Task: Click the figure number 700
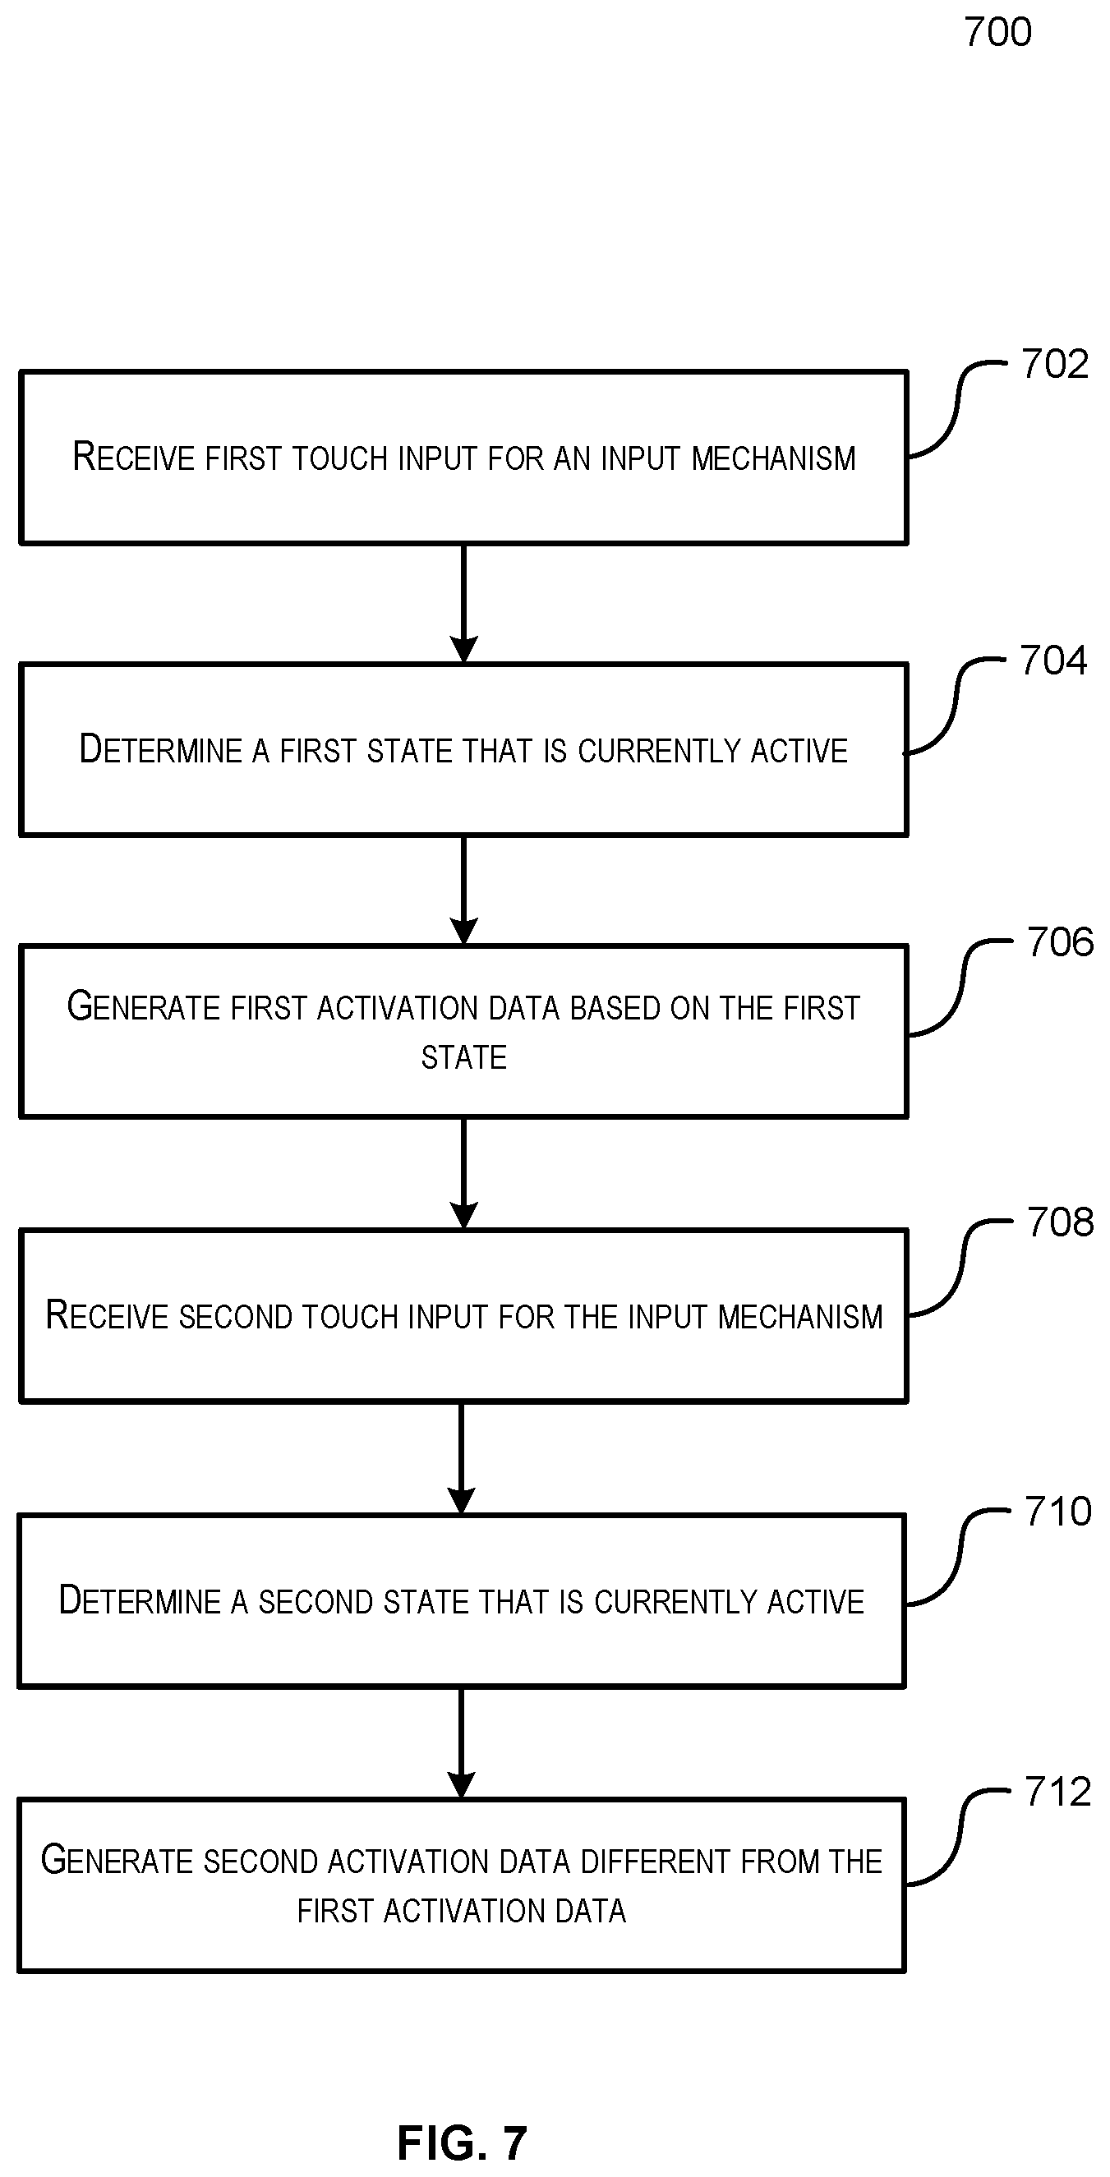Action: click(x=997, y=32)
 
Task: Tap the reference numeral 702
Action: click(x=1054, y=364)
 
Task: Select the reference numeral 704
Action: click(x=1053, y=660)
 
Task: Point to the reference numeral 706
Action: click(x=1060, y=942)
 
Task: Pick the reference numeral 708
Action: click(x=1060, y=1222)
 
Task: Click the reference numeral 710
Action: click(x=1058, y=1511)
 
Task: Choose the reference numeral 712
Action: click(x=1058, y=1792)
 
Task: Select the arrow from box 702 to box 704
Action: click(x=463, y=604)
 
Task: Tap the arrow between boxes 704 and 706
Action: click(x=463, y=891)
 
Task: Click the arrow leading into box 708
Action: click(x=463, y=1174)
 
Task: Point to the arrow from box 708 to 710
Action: click(x=461, y=1460)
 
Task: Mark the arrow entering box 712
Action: click(x=461, y=1743)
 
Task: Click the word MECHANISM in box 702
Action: click(x=773, y=458)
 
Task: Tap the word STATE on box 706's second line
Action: click(x=464, y=1057)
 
